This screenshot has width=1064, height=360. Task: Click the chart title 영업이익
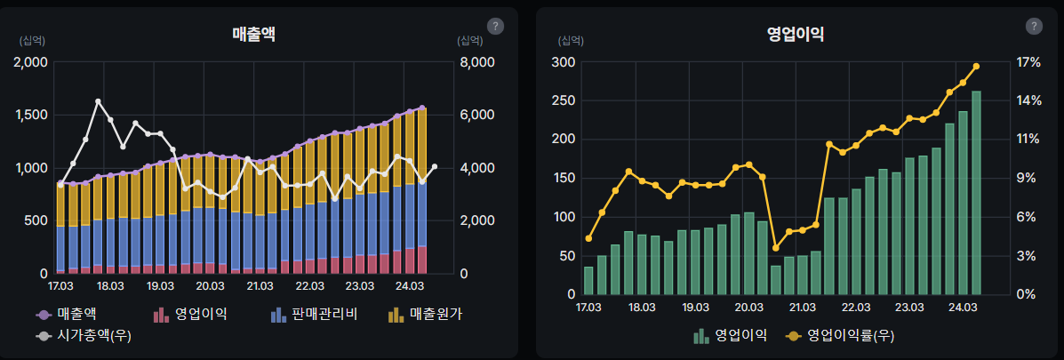point(796,34)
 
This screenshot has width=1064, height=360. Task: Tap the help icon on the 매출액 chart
point(496,26)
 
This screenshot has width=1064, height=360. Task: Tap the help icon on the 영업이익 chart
point(1034,26)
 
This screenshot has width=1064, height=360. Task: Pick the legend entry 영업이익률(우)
point(839,336)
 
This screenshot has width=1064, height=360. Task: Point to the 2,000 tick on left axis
point(32,62)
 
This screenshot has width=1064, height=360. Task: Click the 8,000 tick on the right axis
point(476,62)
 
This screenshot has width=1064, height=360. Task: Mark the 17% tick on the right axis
point(1029,62)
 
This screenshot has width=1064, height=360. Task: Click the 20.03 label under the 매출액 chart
point(210,286)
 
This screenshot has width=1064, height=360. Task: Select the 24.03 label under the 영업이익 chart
point(963,306)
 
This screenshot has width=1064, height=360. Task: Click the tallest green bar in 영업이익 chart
point(976,192)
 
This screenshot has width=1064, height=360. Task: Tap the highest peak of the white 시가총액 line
point(98,102)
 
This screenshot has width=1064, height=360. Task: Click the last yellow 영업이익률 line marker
point(976,67)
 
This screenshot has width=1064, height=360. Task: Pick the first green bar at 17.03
point(588,280)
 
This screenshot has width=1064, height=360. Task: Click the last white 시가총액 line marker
point(435,167)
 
